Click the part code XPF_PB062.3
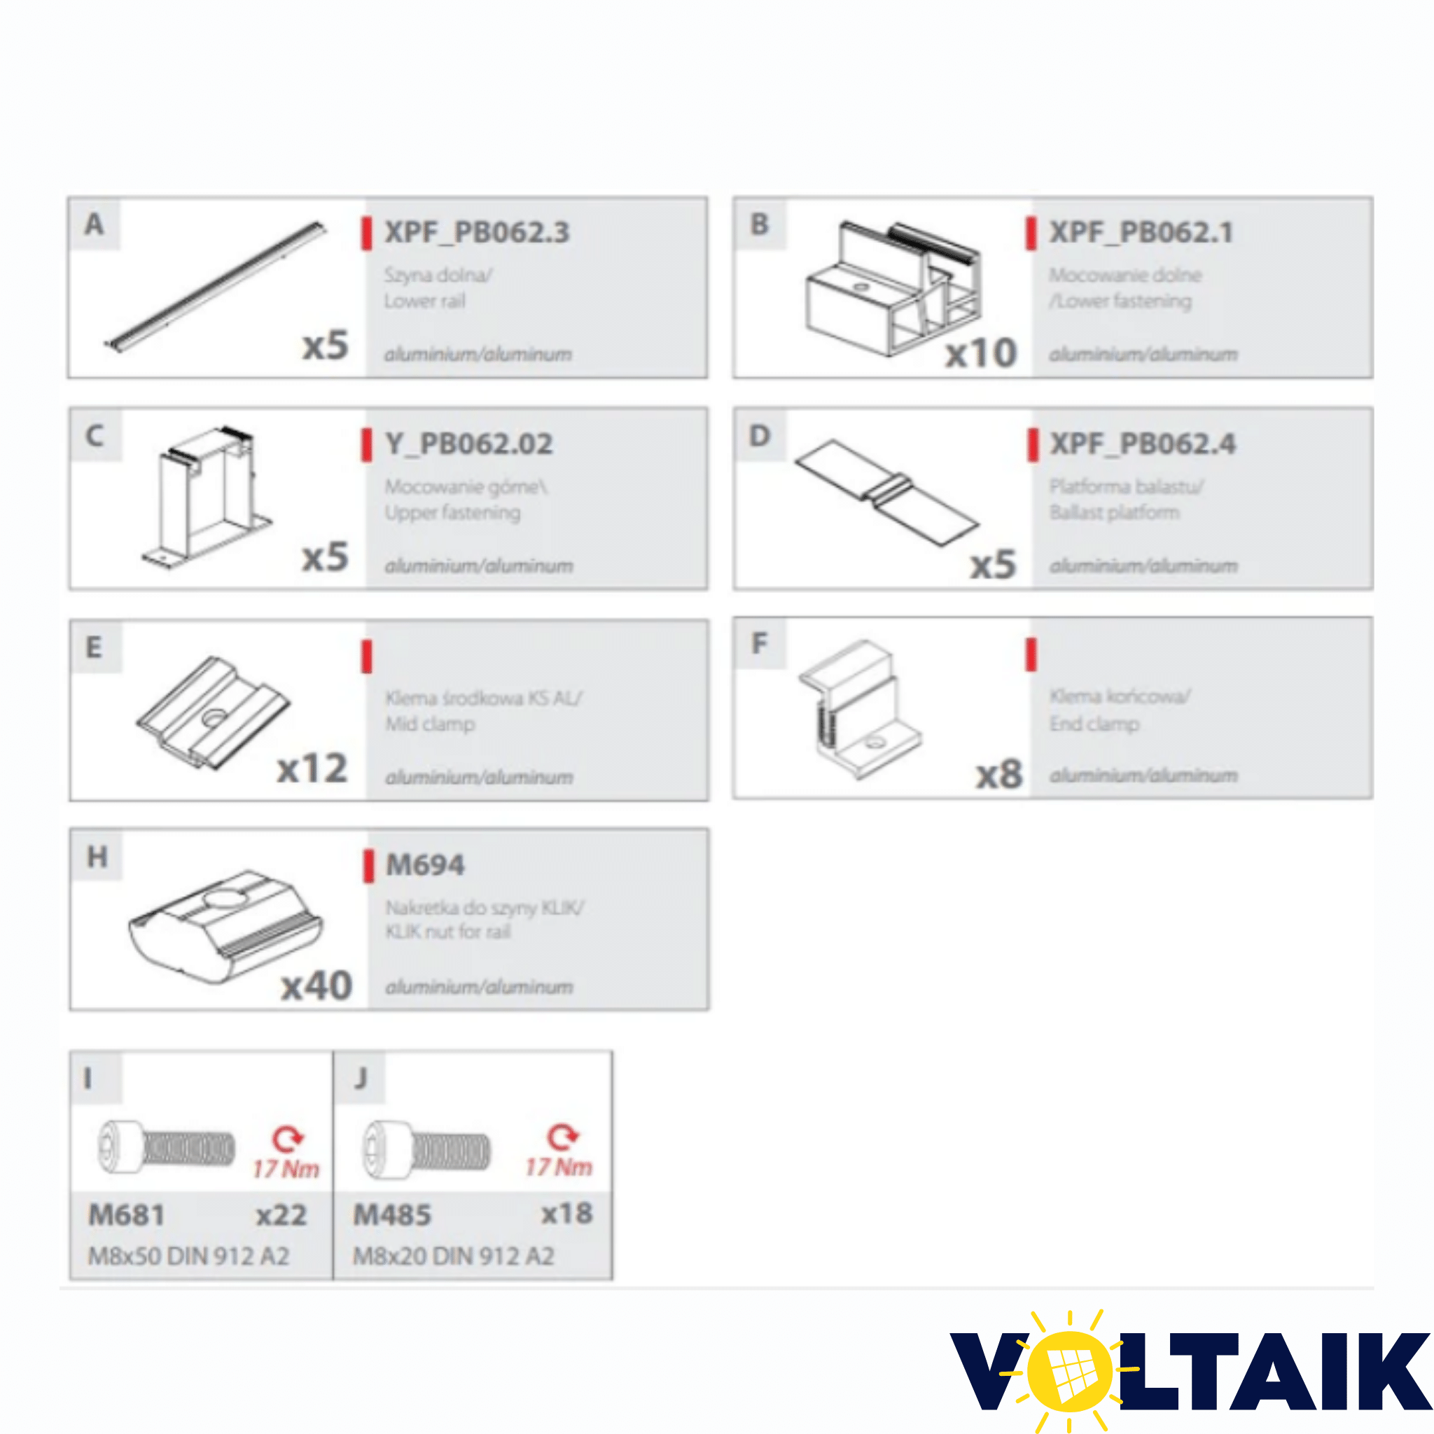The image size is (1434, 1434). [477, 232]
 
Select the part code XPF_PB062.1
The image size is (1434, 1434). [1141, 232]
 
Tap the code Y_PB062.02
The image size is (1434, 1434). [469, 444]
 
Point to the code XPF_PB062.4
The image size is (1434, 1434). [1142, 444]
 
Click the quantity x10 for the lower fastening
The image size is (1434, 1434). [980, 354]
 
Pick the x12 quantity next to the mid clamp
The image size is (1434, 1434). [312, 768]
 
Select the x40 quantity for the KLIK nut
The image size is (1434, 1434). [316, 987]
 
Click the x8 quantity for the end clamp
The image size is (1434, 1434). [999, 775]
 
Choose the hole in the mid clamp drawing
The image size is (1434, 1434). [214, 718]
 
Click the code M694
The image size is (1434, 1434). [425, 865]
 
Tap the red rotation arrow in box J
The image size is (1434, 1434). [562, 1136]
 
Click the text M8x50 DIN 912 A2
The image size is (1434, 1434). [188, 1256]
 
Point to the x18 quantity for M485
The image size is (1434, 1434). [566, 1213]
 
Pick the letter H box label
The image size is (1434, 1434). [97, 857]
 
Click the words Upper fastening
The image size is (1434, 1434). [452, 512]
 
